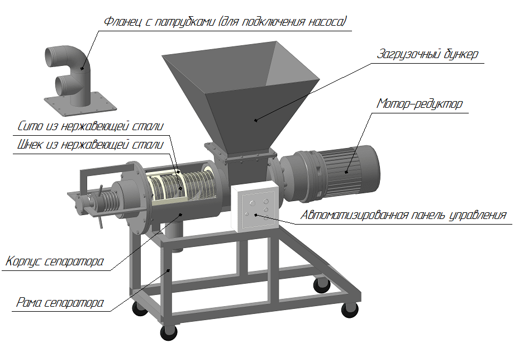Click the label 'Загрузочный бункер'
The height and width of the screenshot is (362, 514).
click(x=428, y=54)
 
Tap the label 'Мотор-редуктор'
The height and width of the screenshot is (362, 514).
click(x=419, y=103)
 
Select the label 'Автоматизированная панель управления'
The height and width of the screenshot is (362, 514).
click(x=403, y=215)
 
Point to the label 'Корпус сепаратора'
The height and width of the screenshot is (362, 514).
click(x=54, y=261)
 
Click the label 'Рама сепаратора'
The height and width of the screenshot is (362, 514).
click(x=60, y=302)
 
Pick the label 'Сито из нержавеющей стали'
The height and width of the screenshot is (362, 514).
click(x=90, y=126)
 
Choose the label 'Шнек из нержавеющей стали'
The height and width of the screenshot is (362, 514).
click(x=90, y=145)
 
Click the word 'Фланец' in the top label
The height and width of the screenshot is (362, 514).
click(x=123, y=22)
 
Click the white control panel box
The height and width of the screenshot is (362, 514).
click(x=255, y=207)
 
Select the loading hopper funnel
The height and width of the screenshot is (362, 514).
click(x=240, y=95)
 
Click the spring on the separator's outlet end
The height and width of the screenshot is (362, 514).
click(x=109, y=201)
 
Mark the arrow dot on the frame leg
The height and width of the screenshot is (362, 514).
click(x=169, y=270)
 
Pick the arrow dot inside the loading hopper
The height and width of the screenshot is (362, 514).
click(x=256, y=120)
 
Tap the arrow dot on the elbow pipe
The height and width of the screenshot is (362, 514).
click(x=82, y=69)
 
